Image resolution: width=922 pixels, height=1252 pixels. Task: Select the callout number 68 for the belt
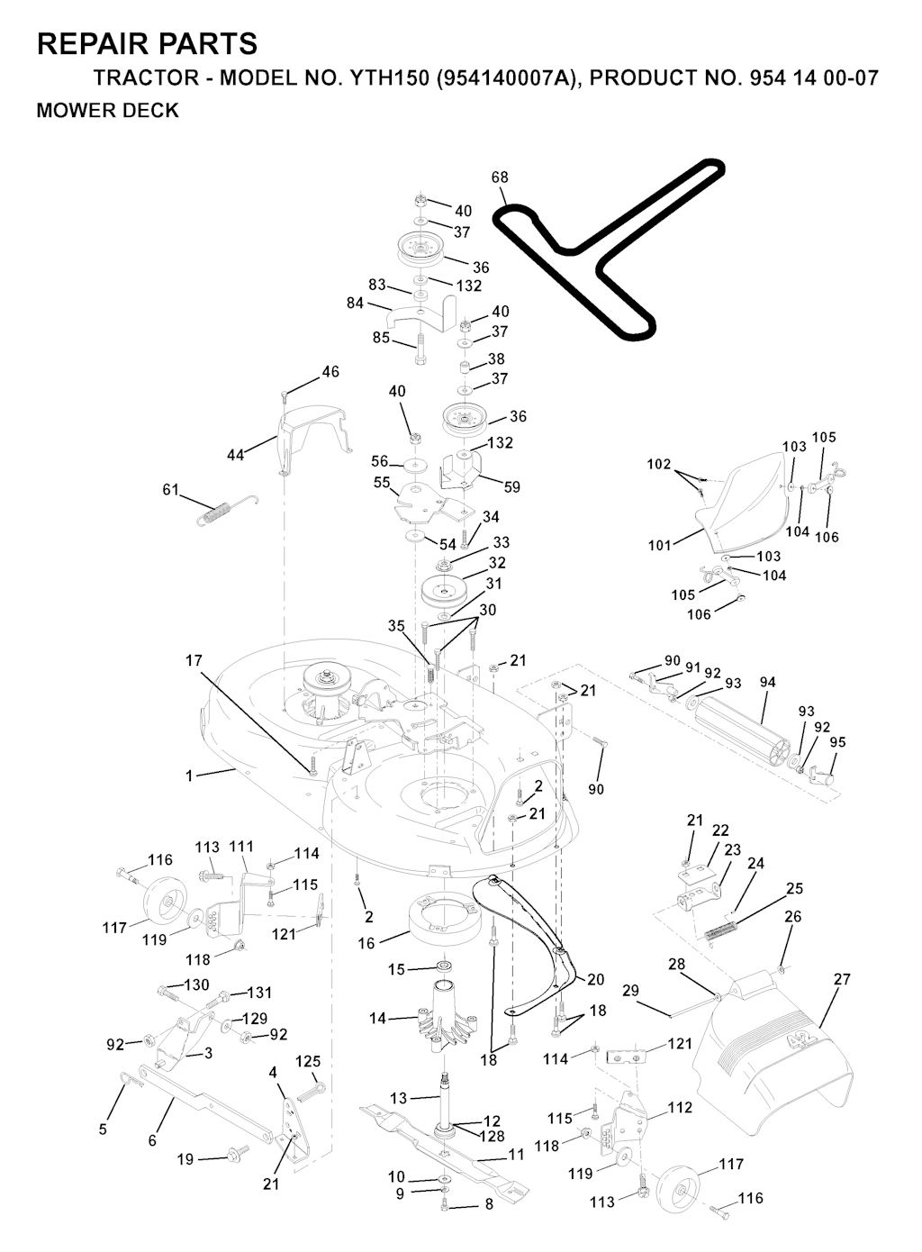(500, 177)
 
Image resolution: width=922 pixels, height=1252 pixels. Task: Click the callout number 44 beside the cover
(235, 456)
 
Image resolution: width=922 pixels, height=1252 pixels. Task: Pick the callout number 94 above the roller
(768, 683)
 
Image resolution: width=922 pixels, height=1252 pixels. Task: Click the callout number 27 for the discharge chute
(842, 979)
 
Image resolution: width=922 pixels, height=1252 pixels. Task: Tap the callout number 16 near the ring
(366, 943)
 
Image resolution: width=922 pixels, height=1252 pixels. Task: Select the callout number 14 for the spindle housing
(378, 1019)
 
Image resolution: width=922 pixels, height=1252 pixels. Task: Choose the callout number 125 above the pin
(308, 1061)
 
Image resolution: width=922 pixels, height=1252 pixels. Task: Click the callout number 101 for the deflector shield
(659, 545)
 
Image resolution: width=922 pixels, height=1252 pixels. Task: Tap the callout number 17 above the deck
(194, 660)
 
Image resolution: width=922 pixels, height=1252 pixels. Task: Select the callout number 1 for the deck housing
(189, 776)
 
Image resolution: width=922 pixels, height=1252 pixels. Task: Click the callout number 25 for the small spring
(794, 888)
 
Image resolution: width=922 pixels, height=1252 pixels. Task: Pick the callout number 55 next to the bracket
(382, 482)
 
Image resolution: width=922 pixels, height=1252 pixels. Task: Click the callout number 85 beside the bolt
(381, 338)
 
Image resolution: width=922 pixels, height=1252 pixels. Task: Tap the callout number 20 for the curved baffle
(596, 979)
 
